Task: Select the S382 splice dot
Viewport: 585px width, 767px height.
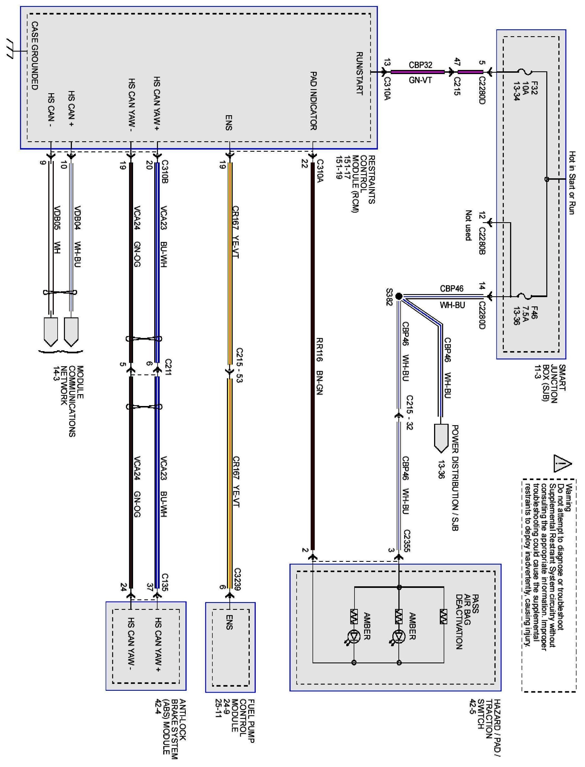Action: (x=399, y=296)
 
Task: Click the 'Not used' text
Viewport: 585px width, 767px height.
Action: (x=468, y=225)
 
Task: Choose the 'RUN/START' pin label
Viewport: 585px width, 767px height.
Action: (x=359, y=74)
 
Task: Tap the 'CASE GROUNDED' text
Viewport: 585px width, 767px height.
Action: (x=35, y=56)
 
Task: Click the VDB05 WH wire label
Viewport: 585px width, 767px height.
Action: (x=57, y=230)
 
